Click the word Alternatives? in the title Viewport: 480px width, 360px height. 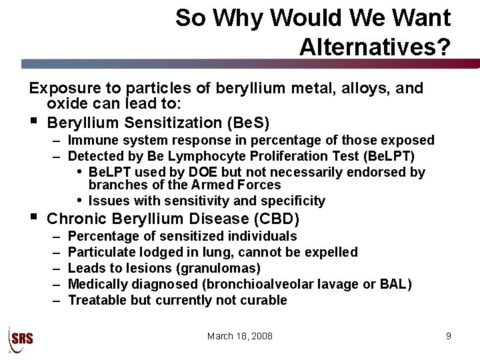tap(375, 46)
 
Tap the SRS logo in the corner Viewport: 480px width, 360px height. tap(20, 337)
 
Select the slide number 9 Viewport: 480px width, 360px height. tap(449, 336)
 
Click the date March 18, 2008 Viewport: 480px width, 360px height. tap(240, 336)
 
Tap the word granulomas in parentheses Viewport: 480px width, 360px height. tap(223, 268)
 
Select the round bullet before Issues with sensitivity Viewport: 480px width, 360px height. tap(79, 201)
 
